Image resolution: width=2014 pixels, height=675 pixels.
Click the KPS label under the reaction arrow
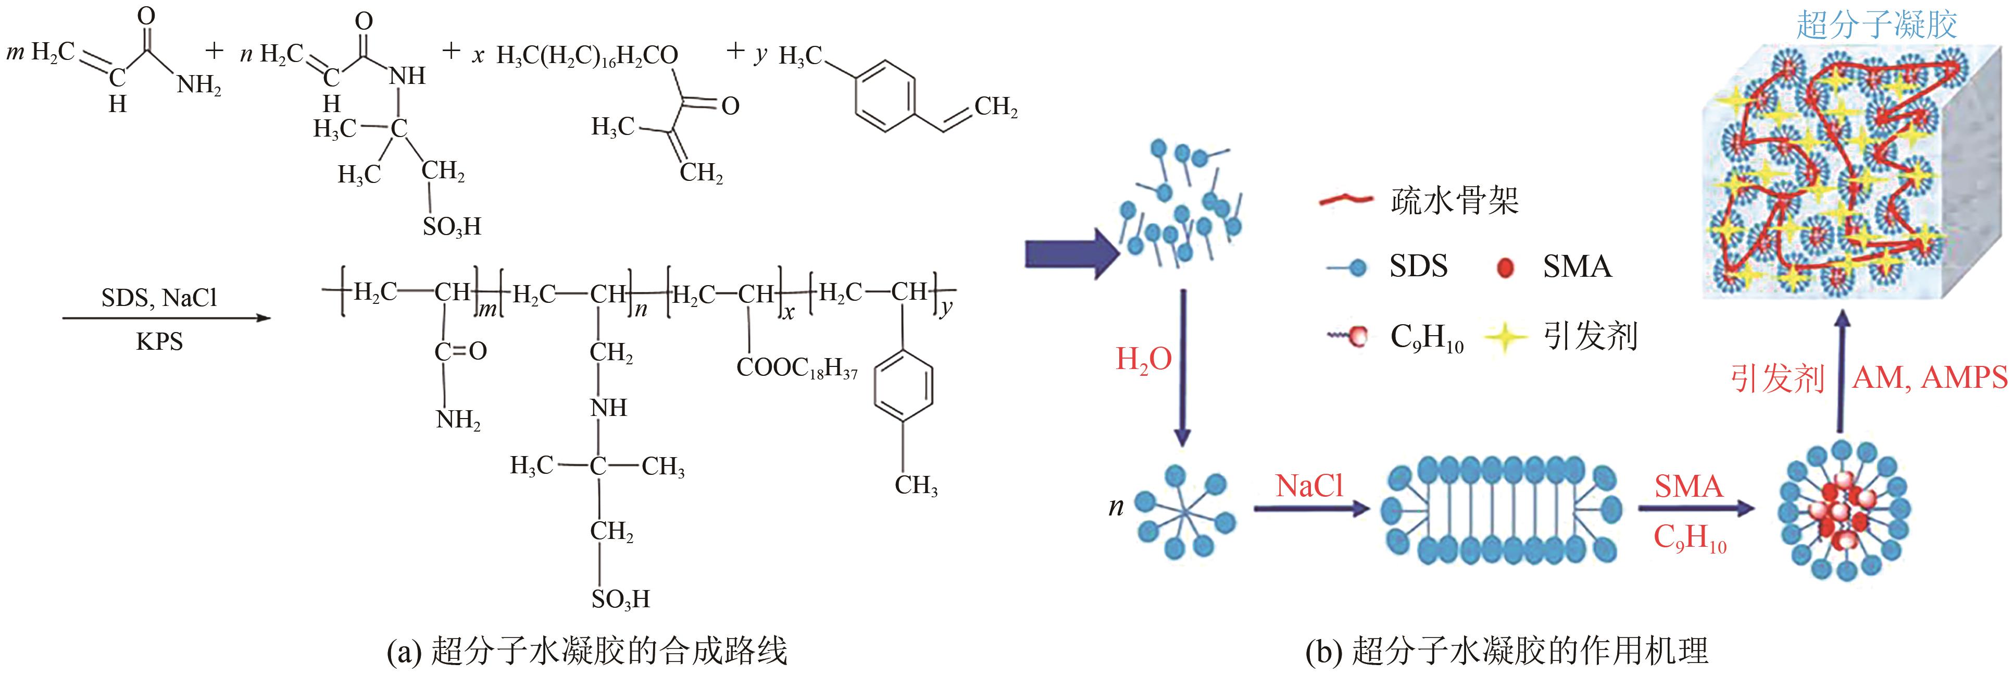coord(159,342)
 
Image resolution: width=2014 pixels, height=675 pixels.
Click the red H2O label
coord(1143,359)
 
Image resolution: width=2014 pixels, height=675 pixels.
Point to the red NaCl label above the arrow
coord(1309,486)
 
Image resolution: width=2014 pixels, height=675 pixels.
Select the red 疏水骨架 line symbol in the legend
coord(1345,201)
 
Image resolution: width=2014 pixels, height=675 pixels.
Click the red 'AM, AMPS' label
coord(1930,378)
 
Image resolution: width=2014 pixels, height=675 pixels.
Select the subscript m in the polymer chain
coord(487,310)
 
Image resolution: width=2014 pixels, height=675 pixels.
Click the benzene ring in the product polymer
coord(903,386)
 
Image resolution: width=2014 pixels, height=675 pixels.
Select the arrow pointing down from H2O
coord(1183,367)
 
